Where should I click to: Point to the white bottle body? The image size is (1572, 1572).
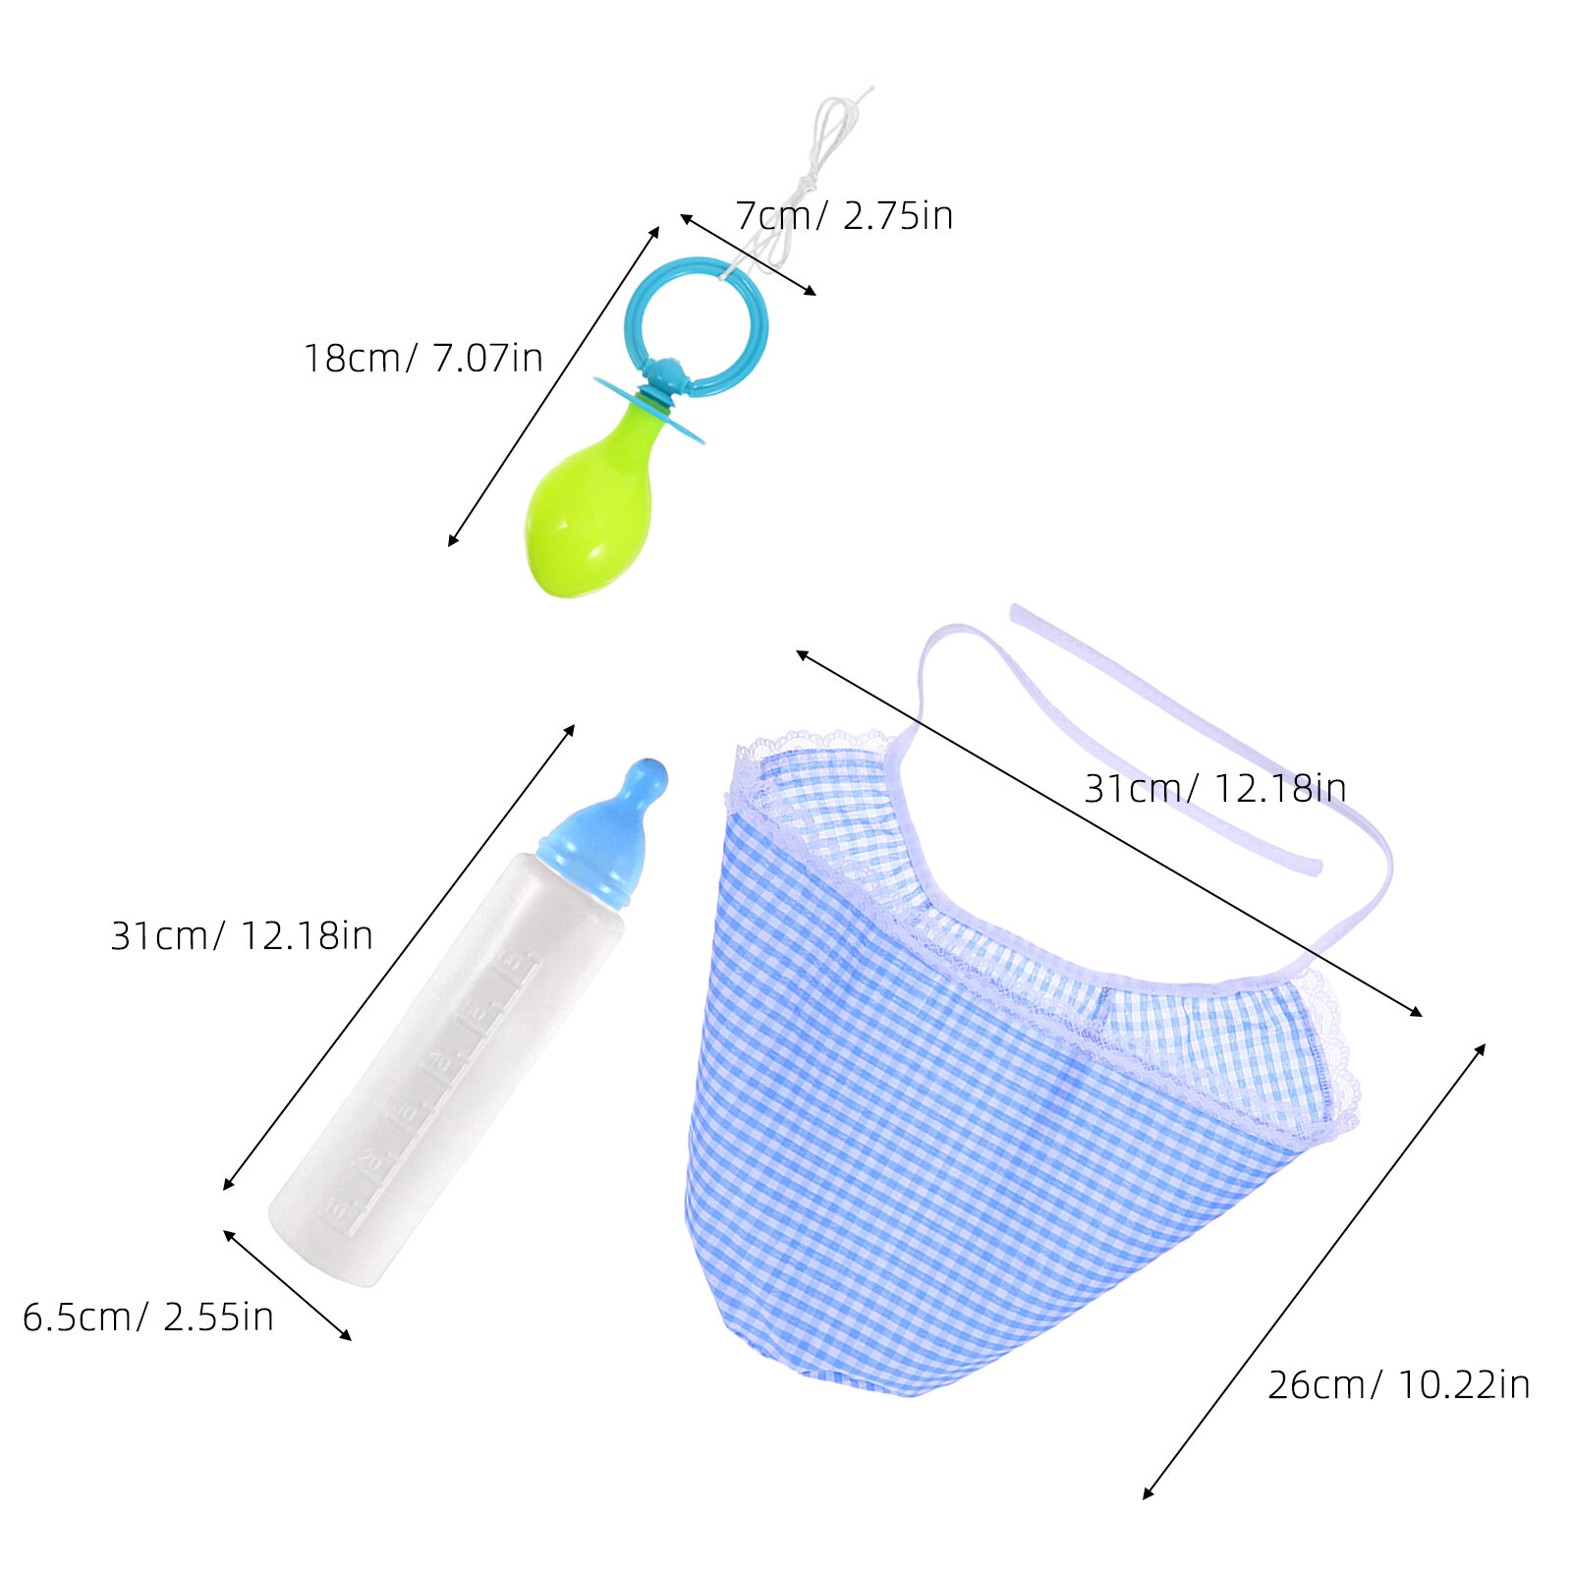point(447,1071)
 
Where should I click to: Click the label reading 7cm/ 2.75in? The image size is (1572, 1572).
point(844,216)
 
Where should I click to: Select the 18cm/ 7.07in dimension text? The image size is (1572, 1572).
point(422,358)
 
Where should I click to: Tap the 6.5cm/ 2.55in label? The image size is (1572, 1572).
point(148,1317)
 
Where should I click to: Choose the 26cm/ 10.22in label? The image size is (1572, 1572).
point(1398,1384)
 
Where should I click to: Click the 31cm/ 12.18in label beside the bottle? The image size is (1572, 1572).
point(242,935)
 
